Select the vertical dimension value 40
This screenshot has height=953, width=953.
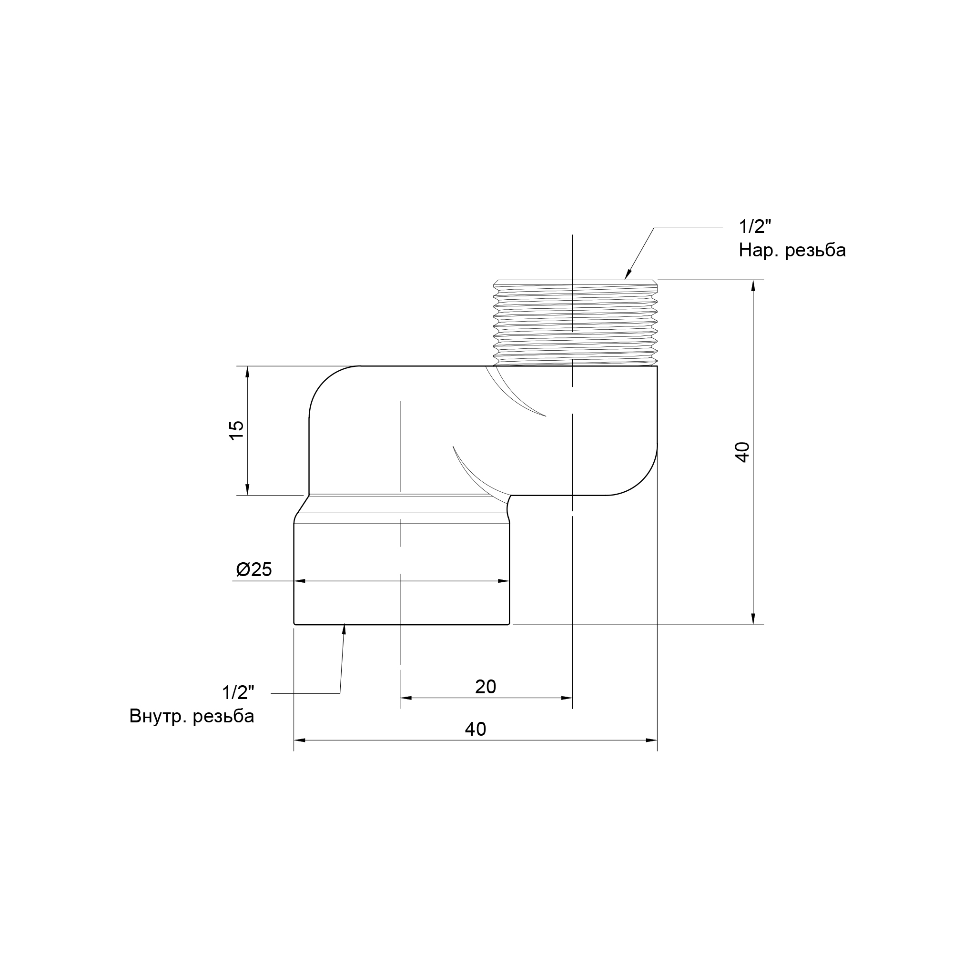click(742, 452)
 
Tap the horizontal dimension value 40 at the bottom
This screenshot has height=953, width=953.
click(476, 729)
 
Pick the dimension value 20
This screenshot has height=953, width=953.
click(486, 687)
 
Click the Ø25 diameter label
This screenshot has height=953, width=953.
click(254, 570)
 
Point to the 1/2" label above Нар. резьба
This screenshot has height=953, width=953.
click(755, 227)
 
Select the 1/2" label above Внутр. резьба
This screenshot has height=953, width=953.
click(238, 692)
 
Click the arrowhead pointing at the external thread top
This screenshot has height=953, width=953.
click(628, 274)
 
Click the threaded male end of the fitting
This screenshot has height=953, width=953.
click(576, 323)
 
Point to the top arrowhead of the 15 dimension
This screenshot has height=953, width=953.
click(248, 372)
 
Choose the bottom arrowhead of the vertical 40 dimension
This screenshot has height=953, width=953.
click(753, 618)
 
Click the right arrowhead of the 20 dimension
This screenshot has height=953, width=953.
click(567, 698)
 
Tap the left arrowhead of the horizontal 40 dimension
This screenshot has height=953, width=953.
click(300, 740)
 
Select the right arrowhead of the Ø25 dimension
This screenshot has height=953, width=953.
click(504, 581)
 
